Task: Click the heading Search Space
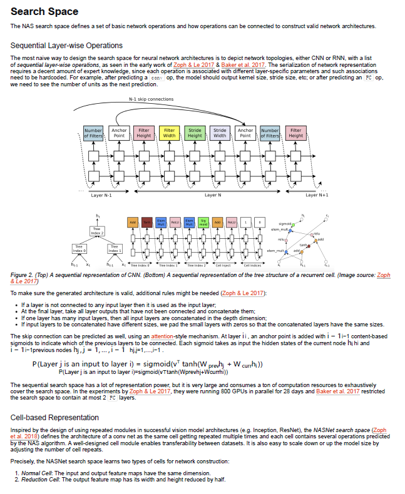click(x=44, y=11)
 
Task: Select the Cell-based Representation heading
click(x=55, y=417)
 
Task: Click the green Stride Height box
click(x=195, y=133)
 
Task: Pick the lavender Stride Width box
click(x=220, y=133)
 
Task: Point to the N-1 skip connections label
click(x=151, y=99)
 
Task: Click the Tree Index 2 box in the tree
click(x=96, y=230)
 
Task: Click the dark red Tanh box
click(x=146, y=223)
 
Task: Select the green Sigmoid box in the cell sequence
click(x=203, y=223)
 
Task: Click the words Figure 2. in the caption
click(x=24, y=275)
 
